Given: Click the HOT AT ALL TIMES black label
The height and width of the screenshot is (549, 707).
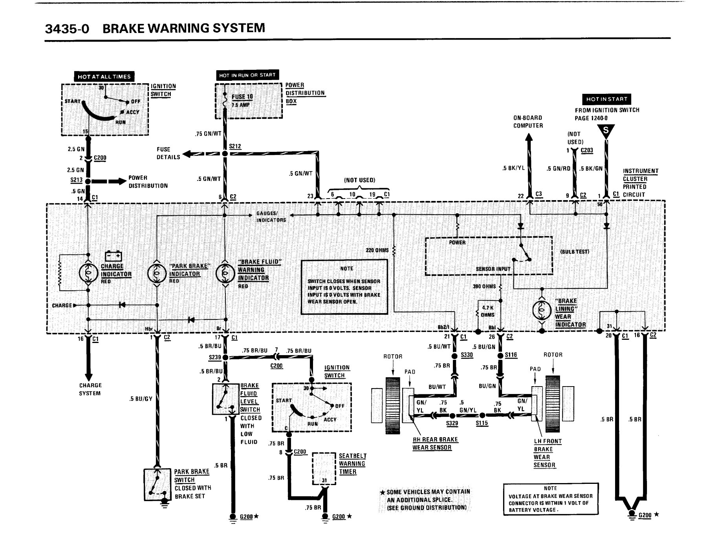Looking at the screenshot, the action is [x=104, y=77].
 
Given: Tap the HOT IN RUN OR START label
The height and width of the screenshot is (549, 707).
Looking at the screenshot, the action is [x=247, y=75].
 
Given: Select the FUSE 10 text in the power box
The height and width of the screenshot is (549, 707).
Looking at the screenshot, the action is [x=242, y=97].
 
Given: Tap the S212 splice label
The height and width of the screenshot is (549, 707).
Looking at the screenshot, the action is [x=235, y=146].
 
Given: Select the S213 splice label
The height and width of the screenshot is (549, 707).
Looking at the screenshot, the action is [x=77, y=180].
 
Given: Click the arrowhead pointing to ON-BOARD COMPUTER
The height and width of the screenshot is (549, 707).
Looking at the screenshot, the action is [x=529, y=137].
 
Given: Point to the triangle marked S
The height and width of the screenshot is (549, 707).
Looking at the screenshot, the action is [x=606, y=131].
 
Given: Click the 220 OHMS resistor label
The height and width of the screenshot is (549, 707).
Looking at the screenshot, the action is [x=377, y=250].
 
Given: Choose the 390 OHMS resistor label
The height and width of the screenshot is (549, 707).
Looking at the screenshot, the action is [x=484, y=286].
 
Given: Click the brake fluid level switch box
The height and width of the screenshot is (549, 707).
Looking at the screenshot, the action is [x=225, y=399].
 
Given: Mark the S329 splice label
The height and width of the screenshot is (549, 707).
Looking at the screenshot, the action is [x=452, y=424].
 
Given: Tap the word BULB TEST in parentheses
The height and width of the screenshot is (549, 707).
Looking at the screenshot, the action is [x=575, y=251].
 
